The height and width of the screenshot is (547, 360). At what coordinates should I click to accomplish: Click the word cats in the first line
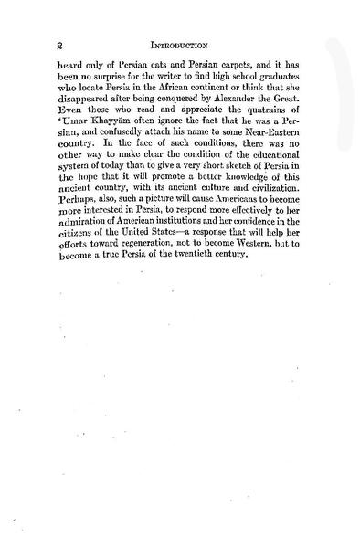click(x=164, y=68)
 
